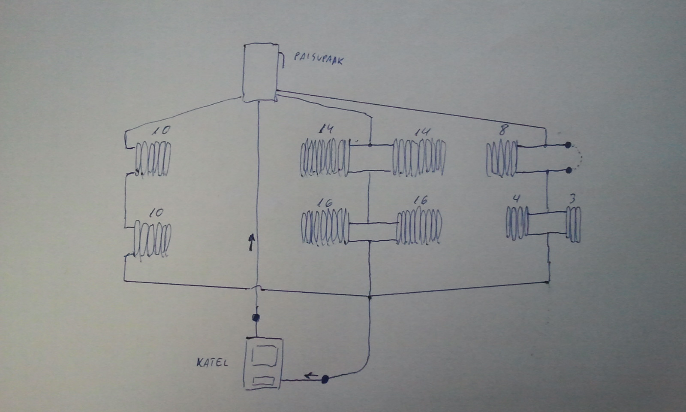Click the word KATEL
pyautogui.click(x=212, y=363)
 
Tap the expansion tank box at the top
pyautogui.click(x=259, y=72)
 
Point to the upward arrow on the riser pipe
pyautogui.click(x=252, y=242)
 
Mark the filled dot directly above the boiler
pyautogui.click(x=256, y=318)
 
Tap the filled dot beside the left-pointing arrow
pyautogui.click(x=325, y=379)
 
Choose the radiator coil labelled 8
pyautogui.click(x=502, y=159)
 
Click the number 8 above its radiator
pyautogui.click(x=502, y=130)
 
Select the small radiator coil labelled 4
pyautogui.click(x=518, y=223)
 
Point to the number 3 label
pyautogui.click(x=572, y=199)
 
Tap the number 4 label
pyautogui.click(x=517, y=199)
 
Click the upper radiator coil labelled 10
pyautogui.click(x=153, y=158)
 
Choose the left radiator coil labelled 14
pyautogui.click(x=325, y=158)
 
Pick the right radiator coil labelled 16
pyautogui.click(x=418, y=226)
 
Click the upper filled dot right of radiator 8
pyautogui.click(x=568, y=145)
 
